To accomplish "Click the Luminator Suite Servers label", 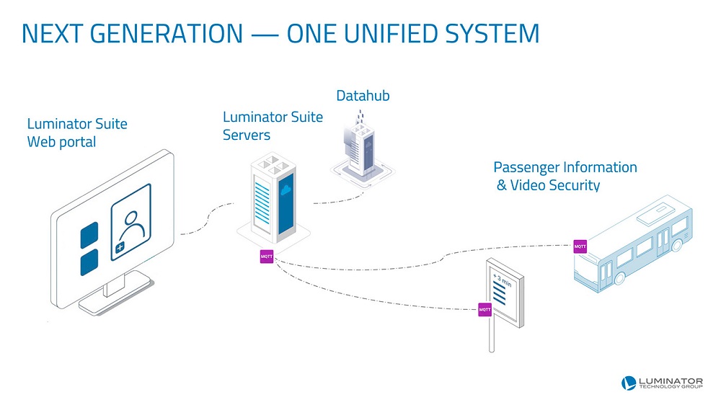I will pos(272,125).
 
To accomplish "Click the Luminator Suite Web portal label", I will pos(76,133).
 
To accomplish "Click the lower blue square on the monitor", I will pos(89,263).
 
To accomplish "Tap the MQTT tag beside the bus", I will pos(580,246).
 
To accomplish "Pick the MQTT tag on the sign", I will pos(485,309).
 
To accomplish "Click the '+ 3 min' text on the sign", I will pos(503,279).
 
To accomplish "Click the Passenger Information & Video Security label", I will pos(565,177).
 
